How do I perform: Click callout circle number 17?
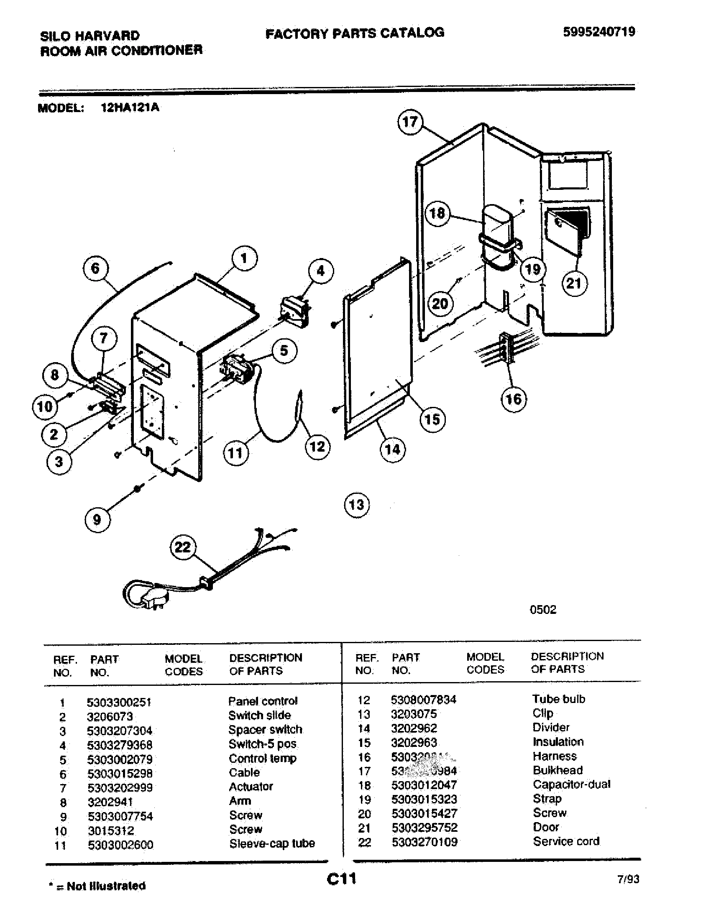pos(409,123)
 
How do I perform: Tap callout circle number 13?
pos(357,505)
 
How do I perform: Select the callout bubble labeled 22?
pos(183,547)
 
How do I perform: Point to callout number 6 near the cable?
pos(96,268)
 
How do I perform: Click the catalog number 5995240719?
pos(599,32)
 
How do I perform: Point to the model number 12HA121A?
pos(130,107)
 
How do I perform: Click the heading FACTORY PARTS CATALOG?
pos(355,33)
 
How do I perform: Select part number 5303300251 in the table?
pos(119,702)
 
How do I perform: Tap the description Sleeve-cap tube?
pos(272,843)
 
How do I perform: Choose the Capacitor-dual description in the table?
pos(571,785)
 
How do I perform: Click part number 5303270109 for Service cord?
pos(424,842)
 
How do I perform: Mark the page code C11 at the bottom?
pos(342,879)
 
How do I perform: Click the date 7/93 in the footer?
pos(628,879)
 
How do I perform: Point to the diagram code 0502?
pos(543,610)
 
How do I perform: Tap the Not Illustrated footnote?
pos(98,886)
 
